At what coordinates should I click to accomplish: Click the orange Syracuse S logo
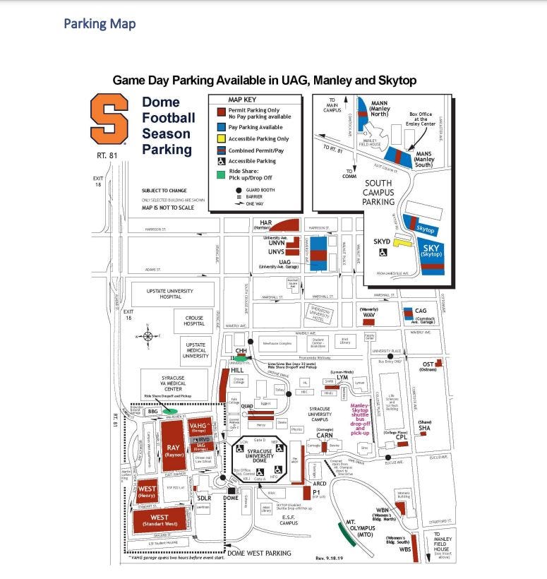[109, 121]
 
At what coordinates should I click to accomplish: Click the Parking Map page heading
[100, 24]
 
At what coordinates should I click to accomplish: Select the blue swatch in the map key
[221, 127]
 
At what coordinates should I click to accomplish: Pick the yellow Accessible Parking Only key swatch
[221, 139]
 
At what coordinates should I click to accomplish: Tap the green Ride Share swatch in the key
[221, 173]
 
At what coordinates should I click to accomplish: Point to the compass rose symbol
[148, 335]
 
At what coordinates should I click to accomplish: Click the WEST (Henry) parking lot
[148, 489]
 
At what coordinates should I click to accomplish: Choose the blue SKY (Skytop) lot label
[431, 249]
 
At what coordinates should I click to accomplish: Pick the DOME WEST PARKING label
[259, 553]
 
